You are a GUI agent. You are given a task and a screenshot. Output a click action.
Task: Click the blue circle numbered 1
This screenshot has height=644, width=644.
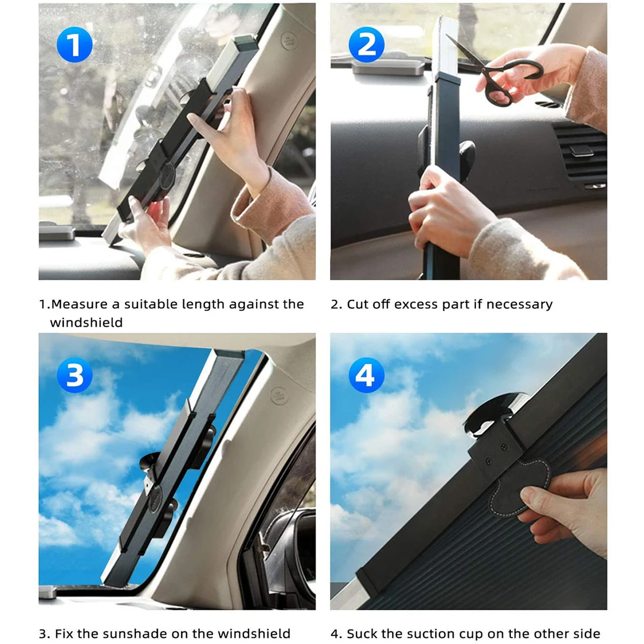(75, 45)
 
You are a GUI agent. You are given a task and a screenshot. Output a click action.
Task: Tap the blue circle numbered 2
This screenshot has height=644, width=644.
(367, 45)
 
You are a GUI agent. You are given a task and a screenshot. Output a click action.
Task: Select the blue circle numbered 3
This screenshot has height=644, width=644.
(75, 375)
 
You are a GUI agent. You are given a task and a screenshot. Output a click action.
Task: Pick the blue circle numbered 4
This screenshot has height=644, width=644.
(367, 375)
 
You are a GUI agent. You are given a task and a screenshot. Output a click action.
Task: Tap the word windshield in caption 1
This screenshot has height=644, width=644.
(86, 323)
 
